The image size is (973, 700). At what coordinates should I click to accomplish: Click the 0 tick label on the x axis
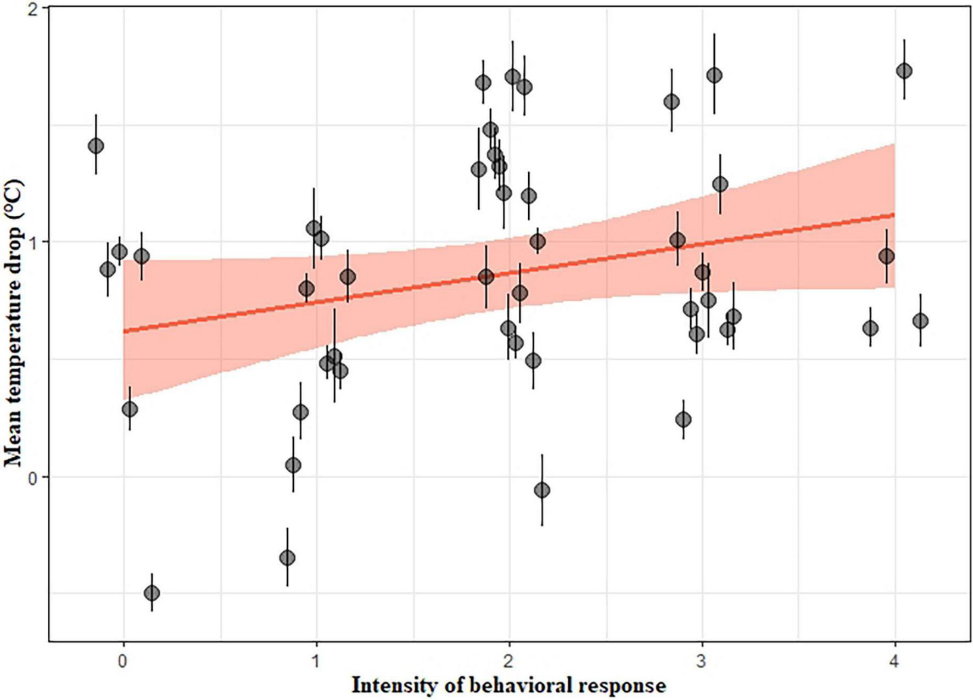123,663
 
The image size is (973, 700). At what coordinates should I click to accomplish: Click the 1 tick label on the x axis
316,663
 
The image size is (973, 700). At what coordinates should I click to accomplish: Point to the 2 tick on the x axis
510,663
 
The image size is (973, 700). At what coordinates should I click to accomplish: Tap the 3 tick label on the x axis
702,663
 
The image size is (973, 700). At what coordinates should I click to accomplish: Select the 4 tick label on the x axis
895,663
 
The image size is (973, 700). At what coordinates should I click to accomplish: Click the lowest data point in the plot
152,593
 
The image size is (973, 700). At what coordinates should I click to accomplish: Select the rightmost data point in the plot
920,321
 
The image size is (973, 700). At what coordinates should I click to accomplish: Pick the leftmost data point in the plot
96,146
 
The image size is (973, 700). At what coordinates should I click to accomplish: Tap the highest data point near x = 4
904,71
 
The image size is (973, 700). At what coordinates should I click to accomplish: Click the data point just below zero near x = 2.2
542,490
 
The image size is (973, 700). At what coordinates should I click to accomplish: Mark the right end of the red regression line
894,215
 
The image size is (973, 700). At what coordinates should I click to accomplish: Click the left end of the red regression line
124,331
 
